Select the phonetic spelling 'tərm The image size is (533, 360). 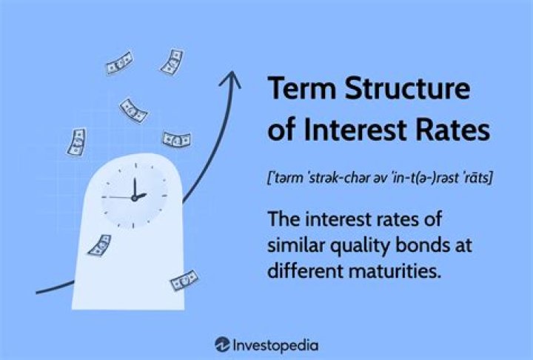tap(288, 178)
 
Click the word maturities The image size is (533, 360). tap(399, 271)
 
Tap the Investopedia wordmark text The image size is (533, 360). tap(276, 344)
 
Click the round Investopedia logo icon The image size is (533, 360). tap(221, 344)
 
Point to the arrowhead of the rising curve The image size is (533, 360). tap(232, 77)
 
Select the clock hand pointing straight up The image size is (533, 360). tap(134, 187)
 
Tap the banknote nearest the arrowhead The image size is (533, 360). tap(173, 61)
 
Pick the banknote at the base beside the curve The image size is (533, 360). tap(183, 281)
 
